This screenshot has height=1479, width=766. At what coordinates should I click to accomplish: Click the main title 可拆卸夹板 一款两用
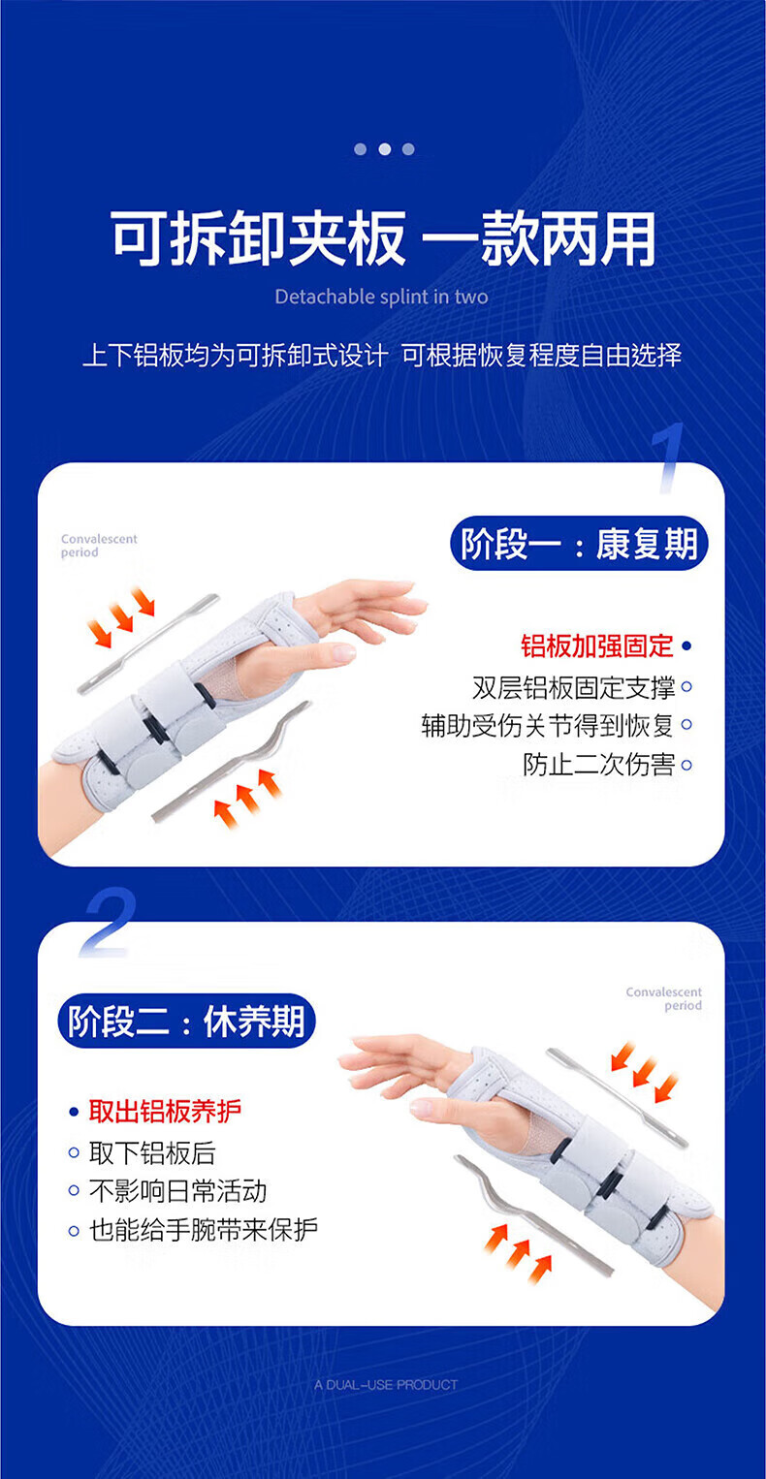click(x=383, y=238)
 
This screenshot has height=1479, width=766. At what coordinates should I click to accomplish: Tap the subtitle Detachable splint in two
click(x=382, y=298)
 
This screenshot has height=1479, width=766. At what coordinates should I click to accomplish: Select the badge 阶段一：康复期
click(x=579, y=544)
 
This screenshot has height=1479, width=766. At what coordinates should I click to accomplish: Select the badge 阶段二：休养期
click(x=186, y=1021)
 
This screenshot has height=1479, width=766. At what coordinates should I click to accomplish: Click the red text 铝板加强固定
click(x=596, y=645)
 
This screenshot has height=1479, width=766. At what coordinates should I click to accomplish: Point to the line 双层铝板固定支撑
click(x=573, y=687)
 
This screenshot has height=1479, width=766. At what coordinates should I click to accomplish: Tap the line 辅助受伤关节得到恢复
click(x=548, y=726)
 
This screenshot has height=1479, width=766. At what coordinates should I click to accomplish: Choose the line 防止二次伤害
click(x=599, y=765)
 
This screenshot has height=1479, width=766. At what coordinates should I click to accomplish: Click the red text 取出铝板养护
click(x=165, y=1112)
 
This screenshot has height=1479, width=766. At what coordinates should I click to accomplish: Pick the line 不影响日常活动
click(x=178, y=1191)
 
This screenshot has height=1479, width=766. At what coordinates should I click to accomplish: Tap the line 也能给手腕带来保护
click(x=204, y=1229)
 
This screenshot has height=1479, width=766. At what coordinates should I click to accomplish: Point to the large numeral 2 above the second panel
click(x=108, y=923)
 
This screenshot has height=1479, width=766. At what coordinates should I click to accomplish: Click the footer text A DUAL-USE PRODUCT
click(x=386, y=1385)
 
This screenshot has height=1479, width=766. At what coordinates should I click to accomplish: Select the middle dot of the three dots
click(x=384, y=149)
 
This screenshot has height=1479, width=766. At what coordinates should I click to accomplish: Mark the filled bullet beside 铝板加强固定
click(x=686, y=646)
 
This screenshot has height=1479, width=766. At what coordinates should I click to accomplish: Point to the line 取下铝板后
click(x=152, y=1152)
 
